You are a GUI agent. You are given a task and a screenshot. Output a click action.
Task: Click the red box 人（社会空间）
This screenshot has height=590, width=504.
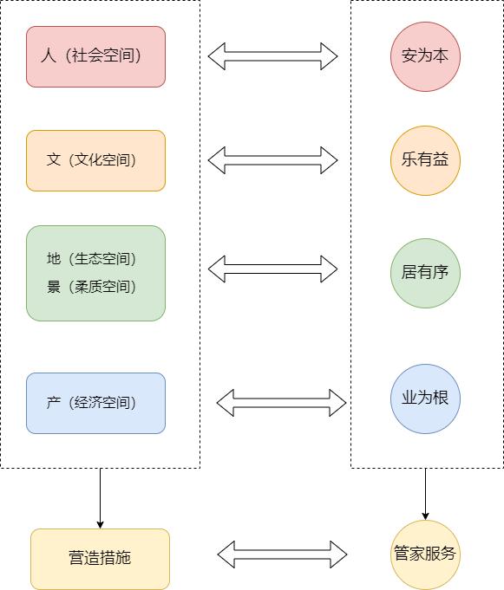[x=95, y=56]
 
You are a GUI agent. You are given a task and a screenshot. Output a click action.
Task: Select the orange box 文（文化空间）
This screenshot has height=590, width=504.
[x=95, y=160]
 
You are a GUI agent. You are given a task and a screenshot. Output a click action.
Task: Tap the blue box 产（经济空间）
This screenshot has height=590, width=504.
[x=95, y=403]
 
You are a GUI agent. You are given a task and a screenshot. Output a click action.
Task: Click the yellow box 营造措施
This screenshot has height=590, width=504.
[x=100, y=558]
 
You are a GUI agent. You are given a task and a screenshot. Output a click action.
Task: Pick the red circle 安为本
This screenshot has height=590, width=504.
[x=425, y=56]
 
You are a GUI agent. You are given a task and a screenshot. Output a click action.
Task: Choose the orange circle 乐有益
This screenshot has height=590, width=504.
[x=425, y=160]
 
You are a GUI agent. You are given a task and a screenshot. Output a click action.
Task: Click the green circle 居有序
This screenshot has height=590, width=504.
[x=425, y=273]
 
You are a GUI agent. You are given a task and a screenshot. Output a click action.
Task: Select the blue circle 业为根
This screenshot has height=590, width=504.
[x=425, y=399]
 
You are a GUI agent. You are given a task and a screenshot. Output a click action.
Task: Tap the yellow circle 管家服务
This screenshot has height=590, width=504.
[x=425, y=554]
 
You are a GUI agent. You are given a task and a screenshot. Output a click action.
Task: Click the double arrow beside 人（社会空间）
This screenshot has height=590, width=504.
[x=272, y=56]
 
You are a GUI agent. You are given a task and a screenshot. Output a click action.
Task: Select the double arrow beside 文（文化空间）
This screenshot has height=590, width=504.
[x=272, y=160]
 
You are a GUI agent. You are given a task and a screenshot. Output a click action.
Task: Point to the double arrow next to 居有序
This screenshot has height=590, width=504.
[x=272, y=269]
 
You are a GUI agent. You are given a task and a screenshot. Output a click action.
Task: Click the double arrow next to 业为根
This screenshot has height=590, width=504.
[x=281, y=403]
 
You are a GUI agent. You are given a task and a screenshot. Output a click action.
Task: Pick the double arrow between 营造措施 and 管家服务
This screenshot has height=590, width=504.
[x=282, y=554]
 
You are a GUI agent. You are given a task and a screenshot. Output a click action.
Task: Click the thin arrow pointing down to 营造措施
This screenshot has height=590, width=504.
[x=100, y=498]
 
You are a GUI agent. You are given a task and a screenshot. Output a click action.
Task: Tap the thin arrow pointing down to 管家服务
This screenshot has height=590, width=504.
[x=425, y=494]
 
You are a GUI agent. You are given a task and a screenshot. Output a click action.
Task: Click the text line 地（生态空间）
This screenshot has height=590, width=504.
[x=92, y=259]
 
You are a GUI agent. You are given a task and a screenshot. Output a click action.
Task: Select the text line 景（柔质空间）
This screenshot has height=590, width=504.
[x=92, y=287]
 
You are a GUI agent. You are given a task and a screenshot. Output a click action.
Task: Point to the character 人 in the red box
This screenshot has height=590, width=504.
[x=48, y=56]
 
